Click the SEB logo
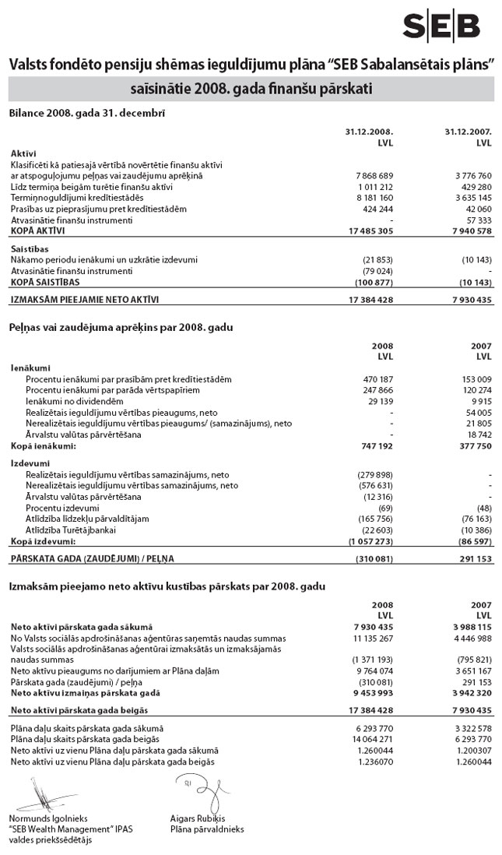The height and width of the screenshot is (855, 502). [441, 26]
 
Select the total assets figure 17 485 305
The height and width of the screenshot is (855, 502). [367, 230]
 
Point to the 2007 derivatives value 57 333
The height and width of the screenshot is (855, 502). [475, 220]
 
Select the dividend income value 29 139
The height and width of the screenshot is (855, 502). [378, 401]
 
